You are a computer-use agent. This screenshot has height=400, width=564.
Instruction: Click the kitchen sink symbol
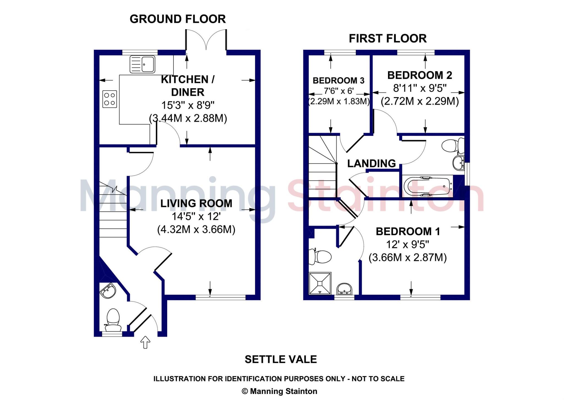click(142, 64)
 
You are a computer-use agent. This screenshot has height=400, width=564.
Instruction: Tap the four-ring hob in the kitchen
click(109, 99)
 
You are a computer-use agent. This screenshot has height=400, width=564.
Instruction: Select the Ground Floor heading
click(178, 19)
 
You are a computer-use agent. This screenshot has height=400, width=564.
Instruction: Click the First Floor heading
click(387, 38)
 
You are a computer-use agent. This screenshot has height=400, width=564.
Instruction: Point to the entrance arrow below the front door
click(145, 342)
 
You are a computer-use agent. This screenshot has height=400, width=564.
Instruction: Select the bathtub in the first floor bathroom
click(427, 187)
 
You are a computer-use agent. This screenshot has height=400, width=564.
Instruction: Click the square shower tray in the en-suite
click(320, 283)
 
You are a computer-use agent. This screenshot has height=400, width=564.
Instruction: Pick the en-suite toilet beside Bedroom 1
click(320, 257)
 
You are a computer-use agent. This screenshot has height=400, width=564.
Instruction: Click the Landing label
click(371, 163)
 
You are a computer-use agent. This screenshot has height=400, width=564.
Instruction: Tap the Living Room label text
click(196, 203)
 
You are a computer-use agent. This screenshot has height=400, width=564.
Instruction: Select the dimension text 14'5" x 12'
click(196, 217)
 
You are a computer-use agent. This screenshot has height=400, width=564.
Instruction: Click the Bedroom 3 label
click(338, 81)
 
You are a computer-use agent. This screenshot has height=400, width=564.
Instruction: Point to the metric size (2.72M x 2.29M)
click(419, 101)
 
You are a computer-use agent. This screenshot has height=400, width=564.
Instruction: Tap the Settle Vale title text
click(281, 359)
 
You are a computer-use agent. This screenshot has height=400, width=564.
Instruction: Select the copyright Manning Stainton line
click(279, 391)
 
